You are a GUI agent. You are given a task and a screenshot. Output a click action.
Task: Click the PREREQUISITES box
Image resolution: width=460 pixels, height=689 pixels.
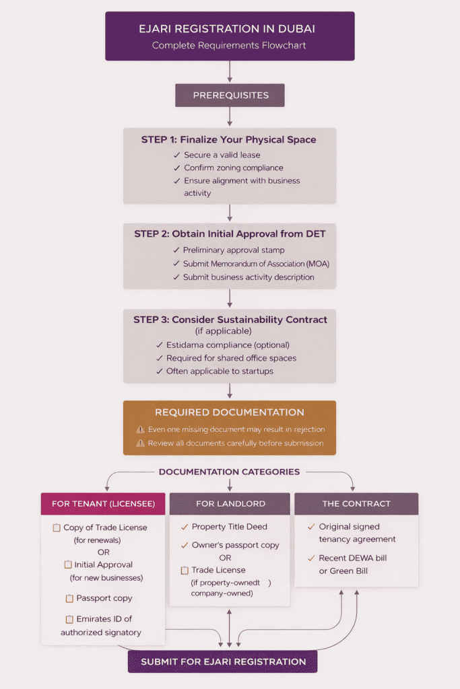tap(230, 96)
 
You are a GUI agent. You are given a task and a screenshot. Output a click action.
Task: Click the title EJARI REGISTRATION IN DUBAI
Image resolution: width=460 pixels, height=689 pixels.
tap(230, 29)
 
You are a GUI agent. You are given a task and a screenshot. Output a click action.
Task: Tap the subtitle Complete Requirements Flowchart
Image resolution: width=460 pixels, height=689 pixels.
tap(230, 46)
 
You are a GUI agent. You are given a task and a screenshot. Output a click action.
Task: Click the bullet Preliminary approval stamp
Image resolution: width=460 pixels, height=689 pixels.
tap(234, 250)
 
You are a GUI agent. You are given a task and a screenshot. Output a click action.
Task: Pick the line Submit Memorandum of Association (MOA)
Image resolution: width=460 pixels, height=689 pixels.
tap(256, 264)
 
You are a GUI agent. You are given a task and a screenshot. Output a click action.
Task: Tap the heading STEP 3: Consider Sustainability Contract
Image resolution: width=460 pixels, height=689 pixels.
tap(230, 320)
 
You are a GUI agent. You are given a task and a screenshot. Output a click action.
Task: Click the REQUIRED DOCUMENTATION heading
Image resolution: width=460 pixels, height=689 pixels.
tap(230, 412)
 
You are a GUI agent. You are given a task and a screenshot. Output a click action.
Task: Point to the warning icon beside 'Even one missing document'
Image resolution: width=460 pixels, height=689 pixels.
tap(140, 429)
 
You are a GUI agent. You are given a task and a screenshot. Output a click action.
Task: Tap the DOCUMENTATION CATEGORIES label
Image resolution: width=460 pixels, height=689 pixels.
tap(230, 472)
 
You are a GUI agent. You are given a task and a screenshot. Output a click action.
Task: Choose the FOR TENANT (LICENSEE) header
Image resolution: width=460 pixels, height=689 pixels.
tap(103, 504)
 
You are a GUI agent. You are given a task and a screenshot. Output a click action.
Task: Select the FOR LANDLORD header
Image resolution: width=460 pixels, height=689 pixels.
tap(230, 504)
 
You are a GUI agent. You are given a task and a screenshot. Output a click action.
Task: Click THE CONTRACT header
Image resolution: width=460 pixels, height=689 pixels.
tap(356, 504)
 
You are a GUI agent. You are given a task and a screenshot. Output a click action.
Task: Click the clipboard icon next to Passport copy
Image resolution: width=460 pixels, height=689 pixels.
tap(69, 599)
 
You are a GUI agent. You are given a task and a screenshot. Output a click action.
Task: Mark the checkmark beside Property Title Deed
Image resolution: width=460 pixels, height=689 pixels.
tap(185, 527)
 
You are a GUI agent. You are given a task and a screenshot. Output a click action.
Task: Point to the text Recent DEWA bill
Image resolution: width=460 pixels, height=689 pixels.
tap(353, 558)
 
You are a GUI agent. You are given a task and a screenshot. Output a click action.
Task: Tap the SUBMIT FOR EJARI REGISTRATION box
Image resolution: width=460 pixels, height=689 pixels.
tap(223, 661)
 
